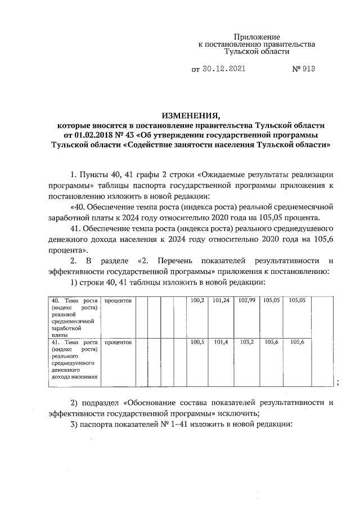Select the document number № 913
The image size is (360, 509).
(x=303, y=69)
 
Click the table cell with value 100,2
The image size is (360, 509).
(x=197, y=301)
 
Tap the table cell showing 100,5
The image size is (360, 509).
(x=197, y=342)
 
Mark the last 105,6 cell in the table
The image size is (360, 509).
(x=297, y=342)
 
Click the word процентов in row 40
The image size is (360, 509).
(x=118, y=301)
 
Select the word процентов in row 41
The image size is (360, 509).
(x=118, y=342)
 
